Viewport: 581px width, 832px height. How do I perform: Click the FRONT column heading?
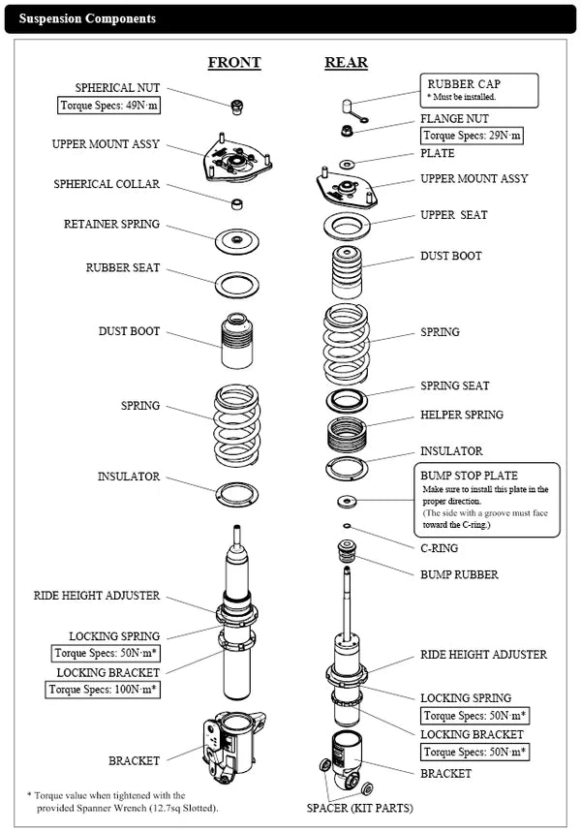coord(234,63)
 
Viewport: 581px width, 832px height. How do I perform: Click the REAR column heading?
coord(346,63)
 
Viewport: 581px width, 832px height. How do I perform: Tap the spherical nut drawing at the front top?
coord(237,107)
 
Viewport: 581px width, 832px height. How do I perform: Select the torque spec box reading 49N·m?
coord(108,105)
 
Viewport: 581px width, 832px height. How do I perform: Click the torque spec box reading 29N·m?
coord(472,136)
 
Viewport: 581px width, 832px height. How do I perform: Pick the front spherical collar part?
coord(237,203)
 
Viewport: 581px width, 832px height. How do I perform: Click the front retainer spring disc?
coord(237,241)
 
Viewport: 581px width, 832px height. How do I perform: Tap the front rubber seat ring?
coord(237,286)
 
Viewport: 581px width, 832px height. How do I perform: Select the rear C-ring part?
coord(347,526)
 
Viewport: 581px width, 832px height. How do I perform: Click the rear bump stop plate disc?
coord(347,501)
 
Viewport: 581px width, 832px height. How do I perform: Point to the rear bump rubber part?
coord(347,553)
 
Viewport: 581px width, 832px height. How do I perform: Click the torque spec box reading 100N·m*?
coord(103,690)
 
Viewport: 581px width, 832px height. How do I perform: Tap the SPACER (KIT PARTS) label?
coord(360,808)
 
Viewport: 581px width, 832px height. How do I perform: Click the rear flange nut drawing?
coord(347,130)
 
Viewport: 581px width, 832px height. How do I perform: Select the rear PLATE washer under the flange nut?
coord(347,164)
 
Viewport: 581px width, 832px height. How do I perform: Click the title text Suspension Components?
coord(87,18)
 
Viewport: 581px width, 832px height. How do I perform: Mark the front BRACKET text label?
coord(135,761)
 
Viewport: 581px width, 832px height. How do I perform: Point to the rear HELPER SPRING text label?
coord(462,415)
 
